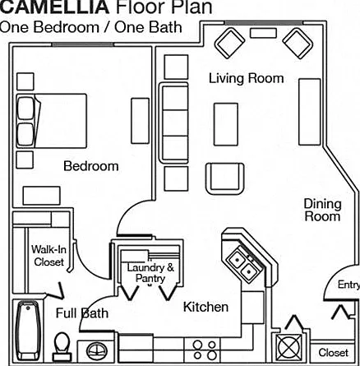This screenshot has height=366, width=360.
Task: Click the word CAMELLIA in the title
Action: (54, 7)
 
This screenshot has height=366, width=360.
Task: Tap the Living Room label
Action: (247, 78)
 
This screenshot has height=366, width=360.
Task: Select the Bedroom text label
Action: (91, 166)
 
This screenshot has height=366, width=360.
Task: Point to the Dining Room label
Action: (322, 211)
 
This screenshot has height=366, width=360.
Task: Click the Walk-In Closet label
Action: (48, 256)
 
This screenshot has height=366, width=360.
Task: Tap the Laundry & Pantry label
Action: (150, 273)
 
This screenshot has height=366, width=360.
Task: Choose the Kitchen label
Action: (205, 307)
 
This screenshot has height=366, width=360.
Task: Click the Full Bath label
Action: (82, 313)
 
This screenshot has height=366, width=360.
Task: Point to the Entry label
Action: (348, 285)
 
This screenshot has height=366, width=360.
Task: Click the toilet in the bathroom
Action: (62, 346)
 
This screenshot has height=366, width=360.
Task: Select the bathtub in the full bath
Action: (27, 331)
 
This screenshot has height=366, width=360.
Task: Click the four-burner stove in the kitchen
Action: (205, 350)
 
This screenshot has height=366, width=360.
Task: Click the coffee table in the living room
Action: (226, 124)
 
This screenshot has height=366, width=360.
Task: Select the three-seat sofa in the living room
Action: (174, 123)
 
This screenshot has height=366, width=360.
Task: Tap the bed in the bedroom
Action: (52, 121)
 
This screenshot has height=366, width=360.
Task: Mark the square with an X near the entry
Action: (288, 348)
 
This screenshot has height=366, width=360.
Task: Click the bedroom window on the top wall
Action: (82, 44)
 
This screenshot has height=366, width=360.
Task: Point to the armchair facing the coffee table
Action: (225, 178)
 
